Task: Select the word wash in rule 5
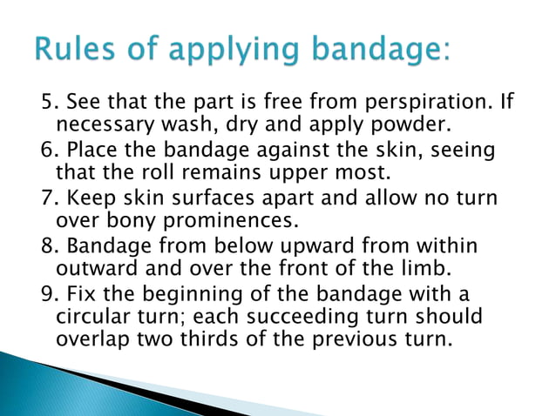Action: click(x=178, y=128)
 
